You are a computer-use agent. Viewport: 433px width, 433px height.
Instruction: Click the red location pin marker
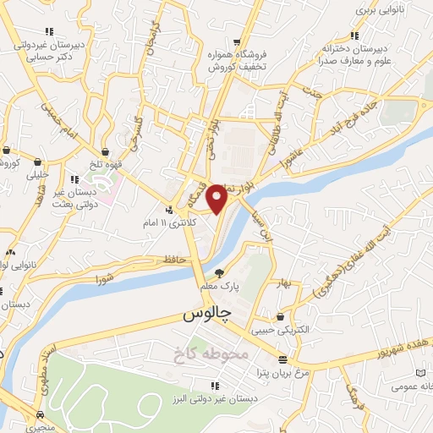[218, 200]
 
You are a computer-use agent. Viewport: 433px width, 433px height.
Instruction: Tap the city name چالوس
[206, 315]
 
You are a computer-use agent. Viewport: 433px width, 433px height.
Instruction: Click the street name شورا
[104, 277]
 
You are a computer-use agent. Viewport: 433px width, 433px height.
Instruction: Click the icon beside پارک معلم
[220, 273]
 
